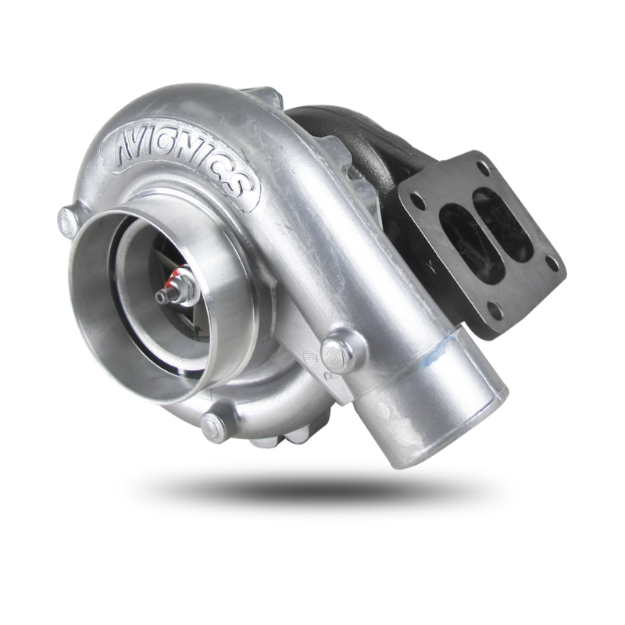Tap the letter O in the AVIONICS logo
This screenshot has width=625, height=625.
point(171,145)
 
